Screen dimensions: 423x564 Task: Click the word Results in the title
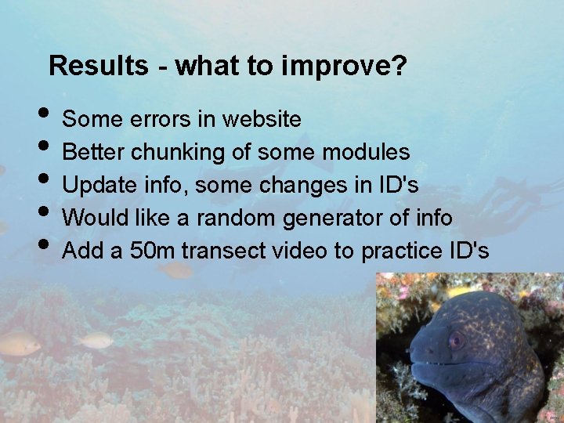point(97,66)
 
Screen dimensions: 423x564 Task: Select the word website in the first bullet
point(262,119)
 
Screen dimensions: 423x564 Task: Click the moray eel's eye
point(455,340)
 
